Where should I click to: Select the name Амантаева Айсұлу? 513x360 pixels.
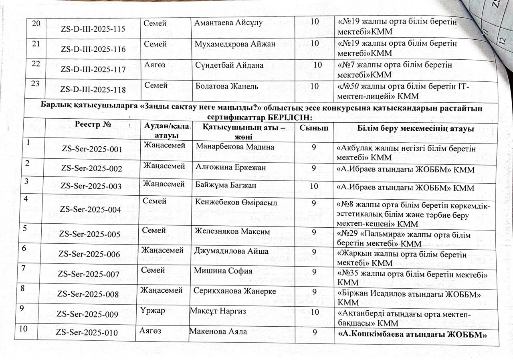point(228,23)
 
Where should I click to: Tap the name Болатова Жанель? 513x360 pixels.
point(227,86)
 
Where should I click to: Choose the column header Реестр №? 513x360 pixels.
point(93,125)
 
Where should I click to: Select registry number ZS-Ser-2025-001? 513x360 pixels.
point(92,149)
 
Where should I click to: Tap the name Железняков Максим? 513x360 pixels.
point(232,231)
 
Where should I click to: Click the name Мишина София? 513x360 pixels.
point(223,271)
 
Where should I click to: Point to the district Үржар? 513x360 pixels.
point(153,311)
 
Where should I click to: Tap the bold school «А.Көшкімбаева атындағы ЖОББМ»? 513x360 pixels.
point(412,334)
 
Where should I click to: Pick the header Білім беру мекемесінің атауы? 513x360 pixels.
point(416,129)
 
